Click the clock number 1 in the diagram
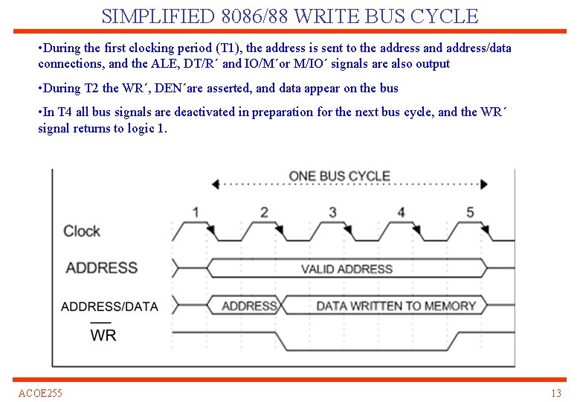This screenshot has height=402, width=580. [196, 212]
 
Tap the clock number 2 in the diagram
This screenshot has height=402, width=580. [264, 212]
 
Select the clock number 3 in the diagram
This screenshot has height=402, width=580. [332, 212]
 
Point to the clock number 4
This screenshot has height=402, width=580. [402, 212]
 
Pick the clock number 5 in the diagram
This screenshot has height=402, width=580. [470, 212]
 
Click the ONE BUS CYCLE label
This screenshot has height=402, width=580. [339, 176]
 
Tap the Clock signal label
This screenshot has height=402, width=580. [82, 231]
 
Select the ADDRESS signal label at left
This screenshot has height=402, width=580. [102, 268]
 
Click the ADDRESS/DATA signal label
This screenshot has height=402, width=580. [109, 307]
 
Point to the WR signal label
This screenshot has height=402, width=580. [103, 335]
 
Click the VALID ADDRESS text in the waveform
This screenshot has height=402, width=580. [347, 269]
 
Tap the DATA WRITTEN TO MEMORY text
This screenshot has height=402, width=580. [396, 306]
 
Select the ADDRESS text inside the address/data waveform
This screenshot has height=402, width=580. [249, 306]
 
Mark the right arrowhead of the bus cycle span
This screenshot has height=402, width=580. [484, 183]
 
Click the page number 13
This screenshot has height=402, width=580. [555, 393]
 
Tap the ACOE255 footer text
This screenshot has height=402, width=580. [41, 393]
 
